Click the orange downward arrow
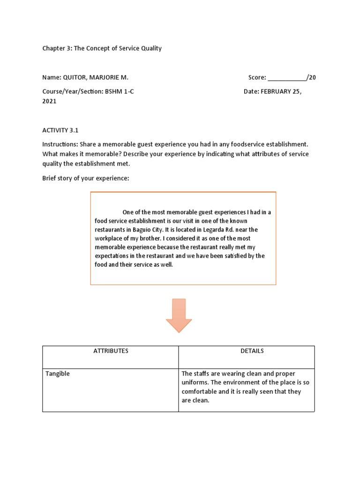[x=179, y=315]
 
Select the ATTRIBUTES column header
[x=111, y=351]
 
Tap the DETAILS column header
[x=252, y=351]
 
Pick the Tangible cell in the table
[x=58, y=374]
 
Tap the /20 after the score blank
[x=311, y=78]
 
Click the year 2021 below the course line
[x=49, y=101]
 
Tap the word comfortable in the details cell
[x=201, y=391]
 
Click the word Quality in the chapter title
[x=151, y=48]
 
